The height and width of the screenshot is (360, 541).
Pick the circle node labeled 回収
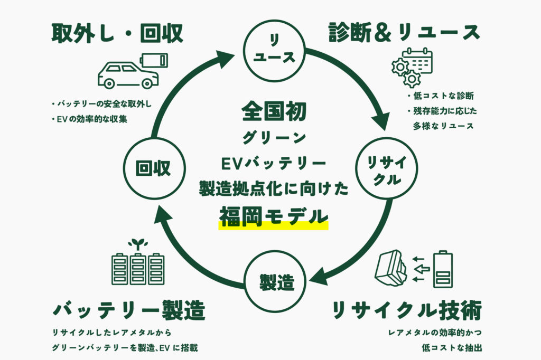[153, 168]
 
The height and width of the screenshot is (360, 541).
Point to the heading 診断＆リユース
[404, 33]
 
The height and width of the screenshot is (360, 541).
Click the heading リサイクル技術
[407, 311]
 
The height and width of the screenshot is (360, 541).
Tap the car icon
[128, 75]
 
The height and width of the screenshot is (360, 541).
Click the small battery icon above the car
[154, 59]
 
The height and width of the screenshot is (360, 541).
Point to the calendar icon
[417, 62]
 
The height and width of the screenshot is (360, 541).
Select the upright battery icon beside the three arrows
[442, 269]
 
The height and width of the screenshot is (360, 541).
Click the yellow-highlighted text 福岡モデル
[274, 217]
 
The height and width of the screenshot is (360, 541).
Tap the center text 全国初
[274, 111]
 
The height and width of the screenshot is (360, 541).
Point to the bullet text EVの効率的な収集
[92, 119]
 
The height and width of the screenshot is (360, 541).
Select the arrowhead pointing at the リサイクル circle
[385, 124]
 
